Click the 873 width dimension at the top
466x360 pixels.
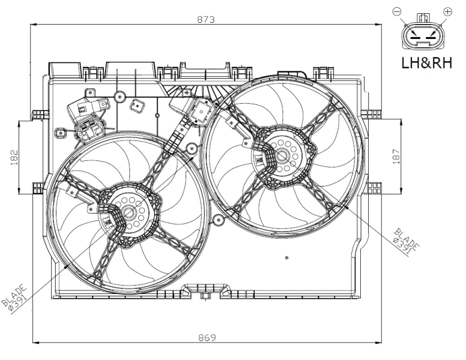coord(206,19)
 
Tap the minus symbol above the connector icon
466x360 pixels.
coord(396,11)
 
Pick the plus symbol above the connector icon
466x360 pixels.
coord(447,11)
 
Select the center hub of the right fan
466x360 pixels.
coord(282,157)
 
